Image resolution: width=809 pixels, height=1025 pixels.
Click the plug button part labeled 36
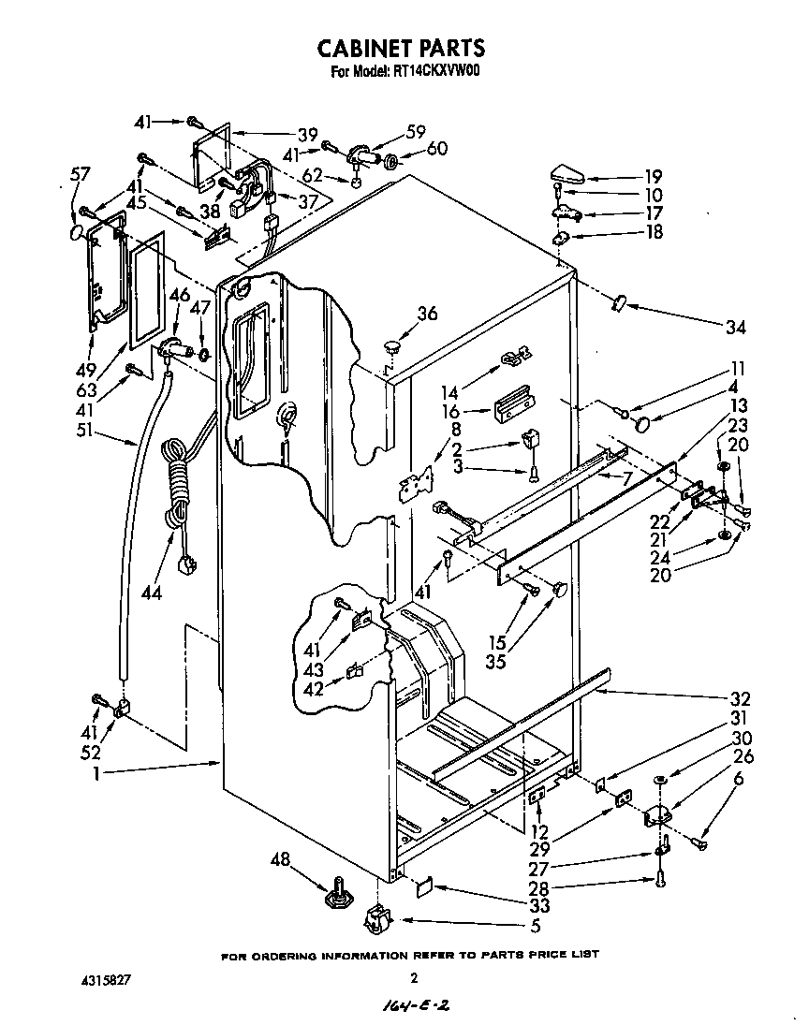[x=390, y=348]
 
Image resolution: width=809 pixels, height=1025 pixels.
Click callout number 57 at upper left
[x=80, y=173]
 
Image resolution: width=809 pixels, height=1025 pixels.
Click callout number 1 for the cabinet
[x=97, y=773]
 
